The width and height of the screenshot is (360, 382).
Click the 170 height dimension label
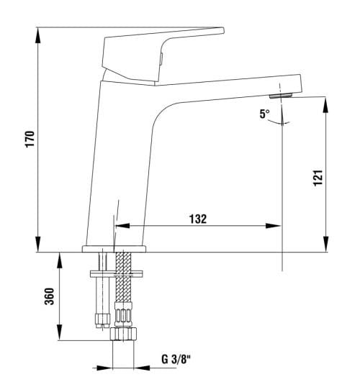(30, 139)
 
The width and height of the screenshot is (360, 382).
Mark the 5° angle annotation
(265, 114)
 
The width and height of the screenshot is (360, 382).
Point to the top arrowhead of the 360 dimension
(58, 258)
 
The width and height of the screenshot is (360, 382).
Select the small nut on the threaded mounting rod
(102, 316)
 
